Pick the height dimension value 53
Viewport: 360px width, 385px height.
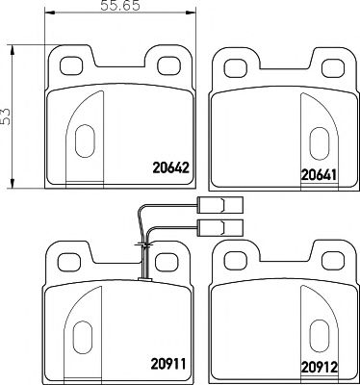(x=8, y=114)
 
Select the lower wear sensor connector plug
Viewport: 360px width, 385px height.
(x=216, y=227)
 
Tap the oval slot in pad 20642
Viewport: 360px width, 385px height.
(x=80, y=140)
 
